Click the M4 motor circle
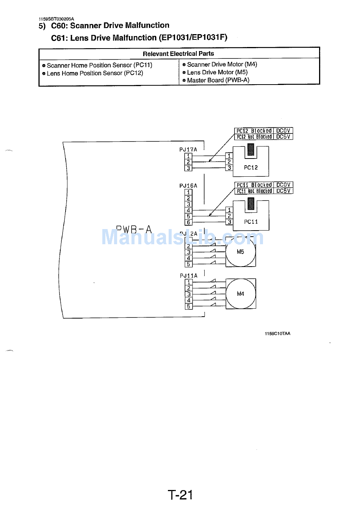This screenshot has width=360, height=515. click(241, 294)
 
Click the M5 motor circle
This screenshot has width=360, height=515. click(241, 252)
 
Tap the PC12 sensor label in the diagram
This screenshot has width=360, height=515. click(251, 167)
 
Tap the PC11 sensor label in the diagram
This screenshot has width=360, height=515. click(251, 221)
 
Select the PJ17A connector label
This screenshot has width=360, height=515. click(188, 150)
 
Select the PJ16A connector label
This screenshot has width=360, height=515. click(188, 186)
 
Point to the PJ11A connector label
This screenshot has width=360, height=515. click(189, 276)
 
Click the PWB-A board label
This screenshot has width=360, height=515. click(134, 230)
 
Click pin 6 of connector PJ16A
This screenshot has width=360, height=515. click(189, 222)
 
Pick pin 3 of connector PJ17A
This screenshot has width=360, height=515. click(188, 168)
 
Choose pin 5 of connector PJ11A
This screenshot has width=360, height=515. click(189, 306)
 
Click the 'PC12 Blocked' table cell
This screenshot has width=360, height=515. click(254, 131)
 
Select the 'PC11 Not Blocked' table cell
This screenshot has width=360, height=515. click(254, 191)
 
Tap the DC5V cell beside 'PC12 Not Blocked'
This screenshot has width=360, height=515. click(283, 137)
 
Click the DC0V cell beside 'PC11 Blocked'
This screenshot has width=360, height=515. click(283, 185)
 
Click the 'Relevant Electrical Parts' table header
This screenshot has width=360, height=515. click(178, 53)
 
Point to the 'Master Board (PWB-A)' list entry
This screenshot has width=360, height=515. click(218, 80)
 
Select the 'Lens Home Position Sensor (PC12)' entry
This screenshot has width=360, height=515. click(95, 73)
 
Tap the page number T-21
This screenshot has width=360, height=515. click(180, 495)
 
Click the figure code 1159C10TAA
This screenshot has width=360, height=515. click(277, 334)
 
